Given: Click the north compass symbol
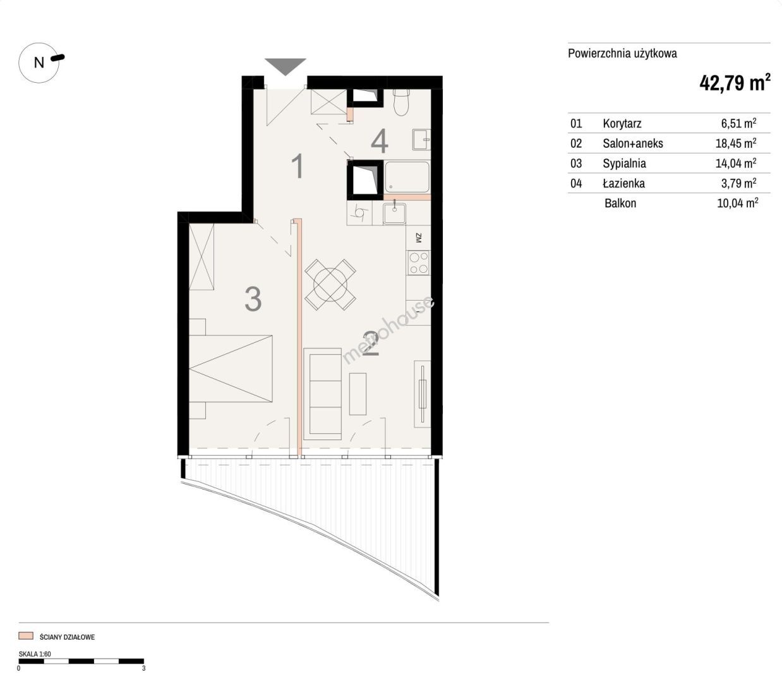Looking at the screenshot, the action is tap(39, 63).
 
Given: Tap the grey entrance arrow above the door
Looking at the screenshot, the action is tap(286, 66).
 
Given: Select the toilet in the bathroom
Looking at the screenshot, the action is tap(401, 102).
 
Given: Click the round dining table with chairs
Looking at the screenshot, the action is tap(330, 285).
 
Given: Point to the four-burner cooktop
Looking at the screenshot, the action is tap(419, 263).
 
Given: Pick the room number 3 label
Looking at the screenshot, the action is tap(253, 299).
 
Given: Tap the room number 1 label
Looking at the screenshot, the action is tap(298, 166).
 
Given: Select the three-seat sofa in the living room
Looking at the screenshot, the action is tap(323, 394).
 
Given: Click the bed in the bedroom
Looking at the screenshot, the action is tap(231, 368).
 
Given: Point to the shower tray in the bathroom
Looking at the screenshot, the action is tap(407, 177).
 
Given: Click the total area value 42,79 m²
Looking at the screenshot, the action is tap(735, 83).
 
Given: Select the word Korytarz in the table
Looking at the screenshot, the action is tap(622, 123).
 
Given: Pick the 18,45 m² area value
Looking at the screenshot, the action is tap(736, 143).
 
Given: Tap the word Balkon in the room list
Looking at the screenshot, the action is tap(620, 203).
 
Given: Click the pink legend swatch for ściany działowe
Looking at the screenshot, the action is tap(26, 636).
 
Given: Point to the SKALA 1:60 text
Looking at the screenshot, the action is tap(35, 654).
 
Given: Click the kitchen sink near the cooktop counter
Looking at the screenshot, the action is tap(395, 213).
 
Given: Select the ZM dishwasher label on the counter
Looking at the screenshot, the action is tap(419, 238).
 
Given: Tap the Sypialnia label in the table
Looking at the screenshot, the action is tap(624, 163).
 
